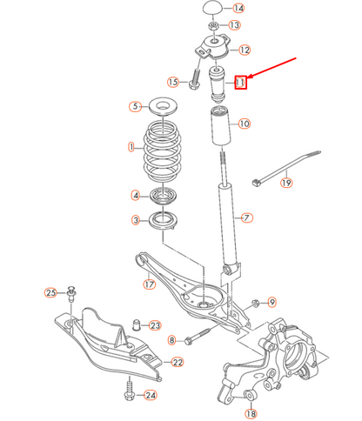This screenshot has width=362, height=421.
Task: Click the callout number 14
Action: pyautogui.click(x=238, y=9)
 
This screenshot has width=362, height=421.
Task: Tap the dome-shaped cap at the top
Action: pyautogui.click(x=212, y=9)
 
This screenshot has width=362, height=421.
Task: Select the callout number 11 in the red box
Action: pyautogui.click(x=242, y=83)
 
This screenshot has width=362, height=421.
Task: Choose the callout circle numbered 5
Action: pyautogui.click(x=135, y=107)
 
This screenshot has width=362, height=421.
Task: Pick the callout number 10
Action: pyautogui.click(x=244, y=124)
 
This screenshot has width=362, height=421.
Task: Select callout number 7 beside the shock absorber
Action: pyautogui.click(x=246, y=217)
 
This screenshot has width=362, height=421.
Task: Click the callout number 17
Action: pyautogui.click(x=149, y=283)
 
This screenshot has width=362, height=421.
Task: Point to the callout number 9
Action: pyautogui.click(x=271, y=302)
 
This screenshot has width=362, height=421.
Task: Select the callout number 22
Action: pyautogui.click(x=178, y=362)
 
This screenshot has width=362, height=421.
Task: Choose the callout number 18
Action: pyautogui.click(x=251, y=396)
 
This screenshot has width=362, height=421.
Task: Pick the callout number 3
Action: pyautogui.click(x=136, y=220)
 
